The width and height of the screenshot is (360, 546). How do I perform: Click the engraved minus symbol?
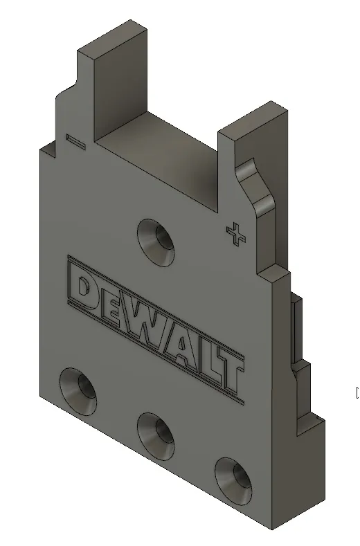75,141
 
